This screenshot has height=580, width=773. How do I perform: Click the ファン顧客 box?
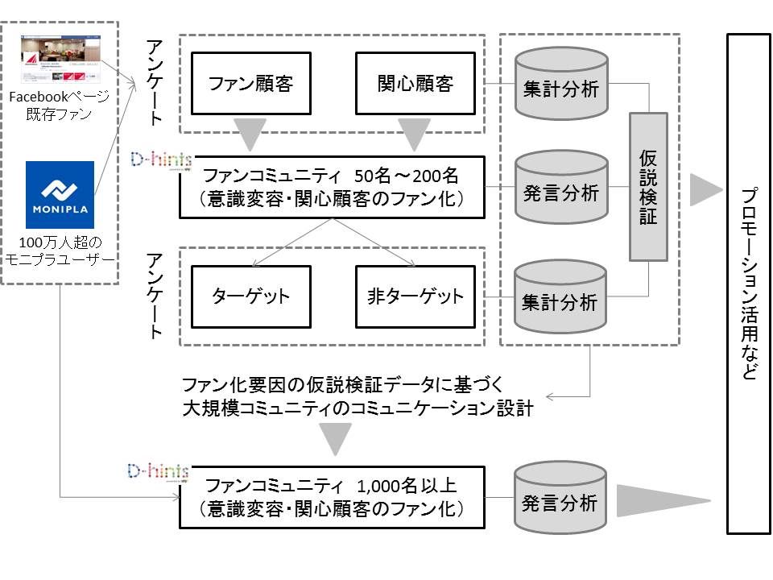[x=250, y=84]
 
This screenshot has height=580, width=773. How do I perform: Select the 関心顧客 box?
[x=415, y=84]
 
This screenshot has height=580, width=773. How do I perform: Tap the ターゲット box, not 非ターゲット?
[x=250, y=296]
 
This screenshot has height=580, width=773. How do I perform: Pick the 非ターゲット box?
[x=415, y=296]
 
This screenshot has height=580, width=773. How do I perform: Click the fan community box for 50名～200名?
[x=332, y=187]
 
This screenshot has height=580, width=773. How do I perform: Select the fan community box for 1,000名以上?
[x=332, y=497]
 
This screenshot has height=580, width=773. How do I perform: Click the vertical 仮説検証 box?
[x=648, y=187]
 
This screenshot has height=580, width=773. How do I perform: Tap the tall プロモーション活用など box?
[x=748, y=284]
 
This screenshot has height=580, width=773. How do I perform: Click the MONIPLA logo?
[x=60, y=194]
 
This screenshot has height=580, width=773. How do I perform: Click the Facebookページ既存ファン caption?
[x=60, y=105]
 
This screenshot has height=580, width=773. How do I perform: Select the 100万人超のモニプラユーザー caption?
[x=60, y=250]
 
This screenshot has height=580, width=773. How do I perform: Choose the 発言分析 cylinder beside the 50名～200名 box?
[x=560, y=193]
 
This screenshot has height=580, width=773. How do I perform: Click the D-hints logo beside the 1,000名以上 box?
[x=158, y=470]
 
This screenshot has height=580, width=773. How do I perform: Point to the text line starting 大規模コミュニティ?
[x=358, y=408]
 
